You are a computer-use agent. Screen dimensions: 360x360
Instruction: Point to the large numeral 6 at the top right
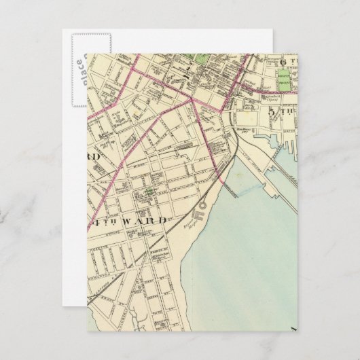(x=283, y=61)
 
